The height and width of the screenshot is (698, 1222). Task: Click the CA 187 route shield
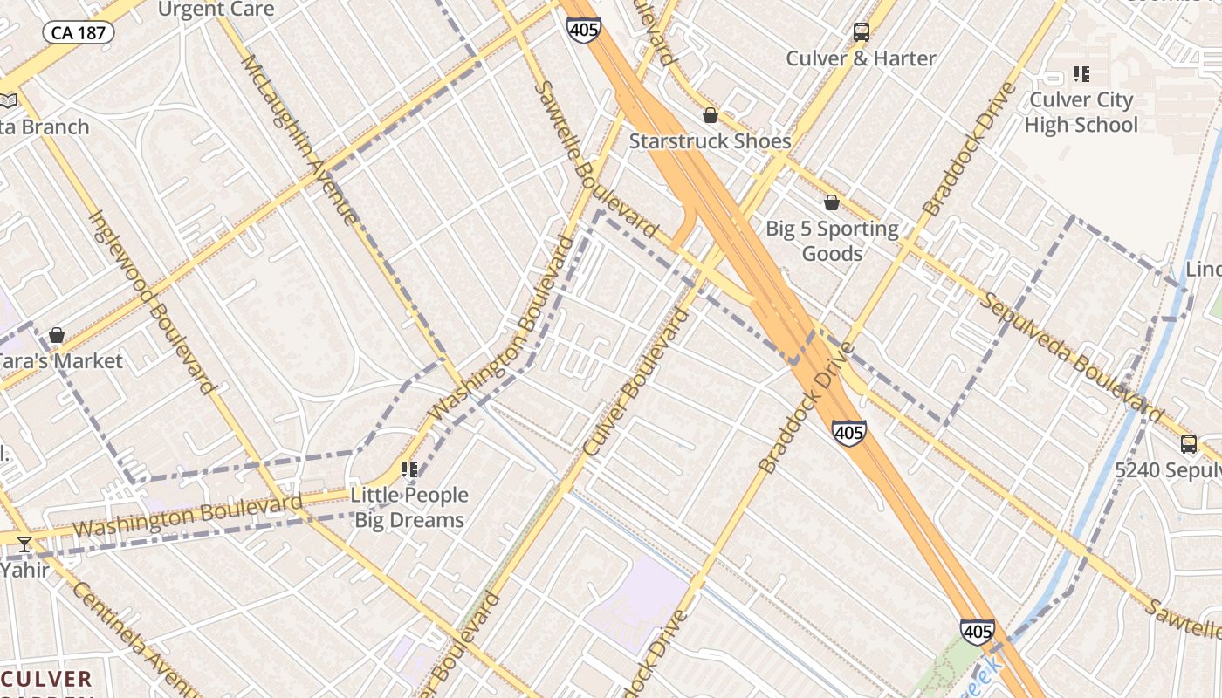coord(79,33)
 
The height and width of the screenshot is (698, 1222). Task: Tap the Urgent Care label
coord(216,10)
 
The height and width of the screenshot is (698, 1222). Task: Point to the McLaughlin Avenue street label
coord(299,140)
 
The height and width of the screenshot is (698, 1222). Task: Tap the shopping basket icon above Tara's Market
coord(57,335)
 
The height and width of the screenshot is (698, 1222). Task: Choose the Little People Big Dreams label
coord(409,507)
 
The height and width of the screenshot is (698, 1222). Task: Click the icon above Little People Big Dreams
coord(409,469)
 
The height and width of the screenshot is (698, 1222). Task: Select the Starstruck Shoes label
coord(710,140)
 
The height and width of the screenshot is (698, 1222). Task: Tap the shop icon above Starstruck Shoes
coord(711,115)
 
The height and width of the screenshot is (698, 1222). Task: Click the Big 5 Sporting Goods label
coord(832,241)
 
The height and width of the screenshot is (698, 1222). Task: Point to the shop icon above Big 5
coord(832,202)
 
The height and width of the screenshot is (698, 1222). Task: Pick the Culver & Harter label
coord(861,58)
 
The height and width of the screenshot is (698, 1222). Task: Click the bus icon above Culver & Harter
coord(862,32)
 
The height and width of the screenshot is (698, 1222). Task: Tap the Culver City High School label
coord(1081,112)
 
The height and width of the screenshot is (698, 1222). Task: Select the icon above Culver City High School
coord(1081,74)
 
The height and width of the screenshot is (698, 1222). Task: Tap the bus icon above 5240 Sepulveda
coord(1189,443)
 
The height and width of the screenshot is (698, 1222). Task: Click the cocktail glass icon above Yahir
coord(24,545)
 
